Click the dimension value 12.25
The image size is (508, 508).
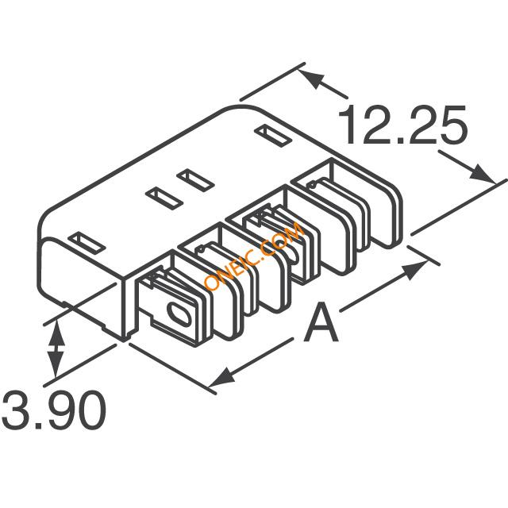(402, 125)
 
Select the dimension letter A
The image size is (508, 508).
(321, 321)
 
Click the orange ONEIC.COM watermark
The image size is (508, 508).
(254, 256)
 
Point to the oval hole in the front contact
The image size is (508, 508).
(179, 314)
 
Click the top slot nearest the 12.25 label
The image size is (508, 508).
(273, 136)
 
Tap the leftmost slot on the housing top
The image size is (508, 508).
(87, 243)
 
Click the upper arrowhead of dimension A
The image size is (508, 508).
(415, 270)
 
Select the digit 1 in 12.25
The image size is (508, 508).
(348, 125)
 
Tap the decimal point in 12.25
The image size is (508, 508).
(399, 140)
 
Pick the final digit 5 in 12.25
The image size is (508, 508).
(453, 125)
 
